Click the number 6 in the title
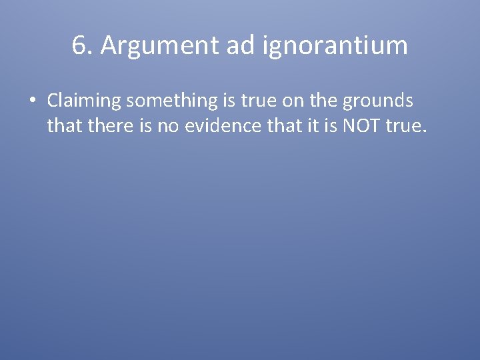[x=79, y=46]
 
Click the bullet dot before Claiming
[x=32, y=102]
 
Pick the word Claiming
[x=83, y=101]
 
